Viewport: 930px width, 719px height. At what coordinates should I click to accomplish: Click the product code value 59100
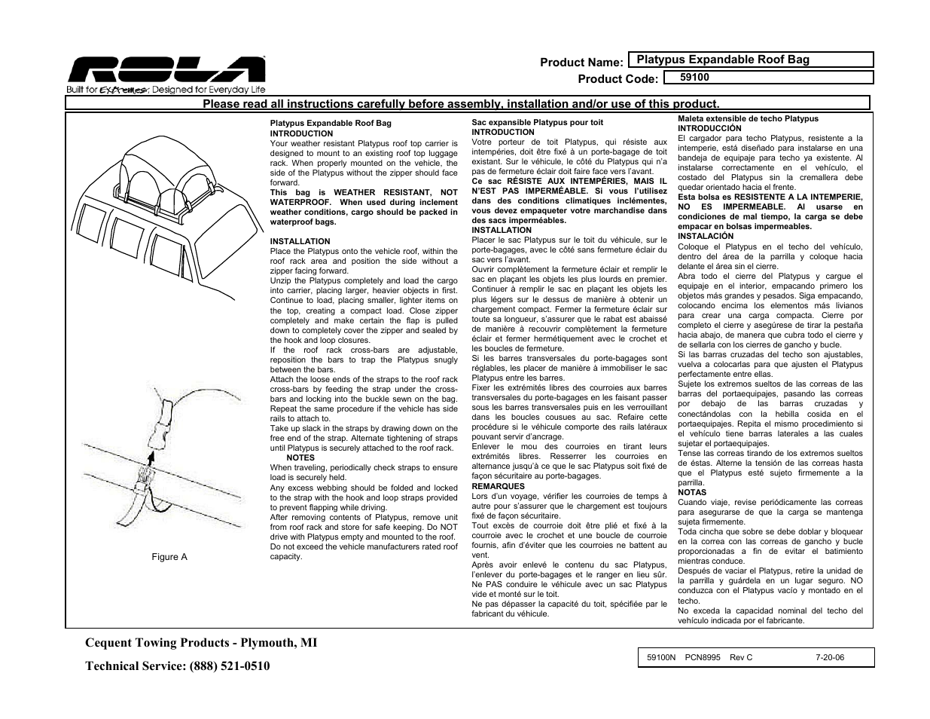click(x=694, y=77)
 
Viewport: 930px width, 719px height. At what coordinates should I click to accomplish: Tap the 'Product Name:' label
click(x=581, y=63)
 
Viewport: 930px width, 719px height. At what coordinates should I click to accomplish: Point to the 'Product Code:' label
click(x=617, y=79)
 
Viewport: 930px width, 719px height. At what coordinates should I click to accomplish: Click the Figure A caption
click(x=169, y=557)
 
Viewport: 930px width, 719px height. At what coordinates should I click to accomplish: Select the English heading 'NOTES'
click(x=300, y=457)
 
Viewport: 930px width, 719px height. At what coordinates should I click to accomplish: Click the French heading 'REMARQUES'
click(x=498, y=486)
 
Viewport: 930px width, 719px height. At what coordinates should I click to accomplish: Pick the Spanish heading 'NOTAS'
click(x=692, y=492)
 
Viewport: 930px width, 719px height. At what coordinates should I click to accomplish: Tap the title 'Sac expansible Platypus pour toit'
click(x=537, y=122)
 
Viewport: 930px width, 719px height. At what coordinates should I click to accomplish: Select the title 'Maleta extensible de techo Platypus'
click(x=748, y=118)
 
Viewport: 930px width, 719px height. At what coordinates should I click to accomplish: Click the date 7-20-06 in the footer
click(x=830, y=657)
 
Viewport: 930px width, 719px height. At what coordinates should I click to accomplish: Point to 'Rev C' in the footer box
click(x=741, y=657)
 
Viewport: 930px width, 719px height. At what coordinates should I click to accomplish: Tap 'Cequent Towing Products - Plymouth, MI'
click(x=201, y=642)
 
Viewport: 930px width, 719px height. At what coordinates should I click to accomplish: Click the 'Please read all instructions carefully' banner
click(x=461, y=104)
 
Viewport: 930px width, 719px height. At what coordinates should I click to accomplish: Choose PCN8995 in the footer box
click(x=703, y=657)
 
